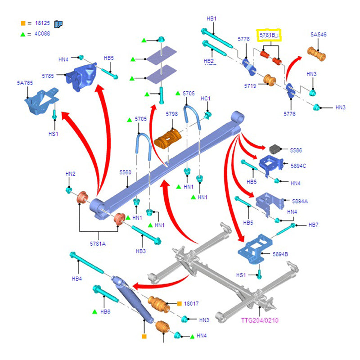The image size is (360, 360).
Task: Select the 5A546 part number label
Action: tap(318, 35)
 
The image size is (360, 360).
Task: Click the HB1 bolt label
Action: tap(211, 19)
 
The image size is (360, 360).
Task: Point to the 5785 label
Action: tap(48, 76)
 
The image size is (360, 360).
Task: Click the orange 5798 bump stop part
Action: tap(167, 138)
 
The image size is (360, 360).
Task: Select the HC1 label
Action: tap(206, 99)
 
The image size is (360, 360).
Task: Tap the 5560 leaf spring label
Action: tap(125, 172)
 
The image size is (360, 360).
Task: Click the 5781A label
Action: tap(97, 243)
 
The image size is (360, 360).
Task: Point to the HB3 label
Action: tap(140, 251)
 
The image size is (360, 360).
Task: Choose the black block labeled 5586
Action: tap(275, 149)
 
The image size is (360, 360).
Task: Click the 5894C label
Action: tap(298, 166)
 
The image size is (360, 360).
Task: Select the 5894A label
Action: tap(300, 201)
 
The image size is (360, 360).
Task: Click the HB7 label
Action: tap(313, 225)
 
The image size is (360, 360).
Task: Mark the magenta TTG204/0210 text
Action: tap(260, 320)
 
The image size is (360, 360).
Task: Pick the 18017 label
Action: tap(191, 304)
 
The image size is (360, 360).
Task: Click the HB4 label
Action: tap(77, 279)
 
